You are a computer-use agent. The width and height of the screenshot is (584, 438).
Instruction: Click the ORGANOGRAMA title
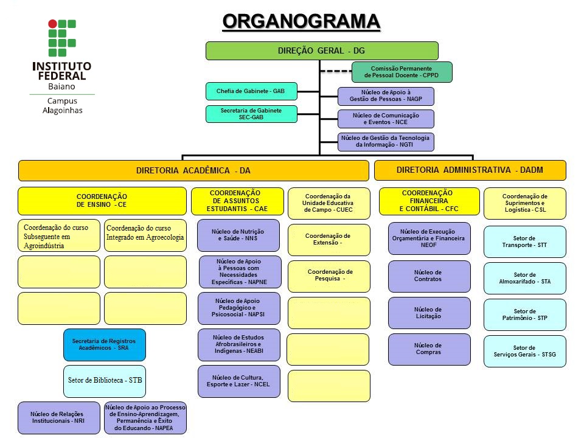pos(301,21)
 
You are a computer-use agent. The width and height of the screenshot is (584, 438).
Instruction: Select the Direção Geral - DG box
pos(322,50)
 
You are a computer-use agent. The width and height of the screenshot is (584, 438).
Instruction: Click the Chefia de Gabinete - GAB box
pos(251,91)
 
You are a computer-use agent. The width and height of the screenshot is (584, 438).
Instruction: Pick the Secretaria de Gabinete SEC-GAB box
pos(251,114)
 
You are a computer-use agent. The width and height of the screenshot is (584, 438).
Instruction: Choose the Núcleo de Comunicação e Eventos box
pos(386,119)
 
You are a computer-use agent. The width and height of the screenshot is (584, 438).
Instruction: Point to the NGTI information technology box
pos(386,142)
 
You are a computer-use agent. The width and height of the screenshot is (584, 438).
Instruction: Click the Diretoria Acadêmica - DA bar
pos(193,171)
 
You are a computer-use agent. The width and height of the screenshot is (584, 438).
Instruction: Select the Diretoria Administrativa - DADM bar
pos(470,170)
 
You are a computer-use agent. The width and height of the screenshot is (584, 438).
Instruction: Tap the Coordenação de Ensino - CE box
pos(102,201)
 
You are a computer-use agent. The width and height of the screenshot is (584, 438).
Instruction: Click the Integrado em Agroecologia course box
pos(145,235)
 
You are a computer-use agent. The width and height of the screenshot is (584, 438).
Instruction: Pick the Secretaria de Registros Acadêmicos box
pos(105,344)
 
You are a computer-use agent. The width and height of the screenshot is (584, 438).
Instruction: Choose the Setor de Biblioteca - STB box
pos(105,381)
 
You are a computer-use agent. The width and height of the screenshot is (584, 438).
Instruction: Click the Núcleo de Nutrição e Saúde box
pos(238,235)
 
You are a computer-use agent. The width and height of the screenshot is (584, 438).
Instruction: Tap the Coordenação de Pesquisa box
pos(328,276)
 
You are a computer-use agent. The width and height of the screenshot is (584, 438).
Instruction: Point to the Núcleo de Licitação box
pos(429,313)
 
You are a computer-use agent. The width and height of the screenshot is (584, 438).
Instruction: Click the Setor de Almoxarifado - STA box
pos(524,279)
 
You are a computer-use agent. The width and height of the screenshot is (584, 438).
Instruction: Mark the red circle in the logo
pos(52,24)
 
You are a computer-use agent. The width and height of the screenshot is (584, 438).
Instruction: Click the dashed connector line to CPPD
pos(335,71)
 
